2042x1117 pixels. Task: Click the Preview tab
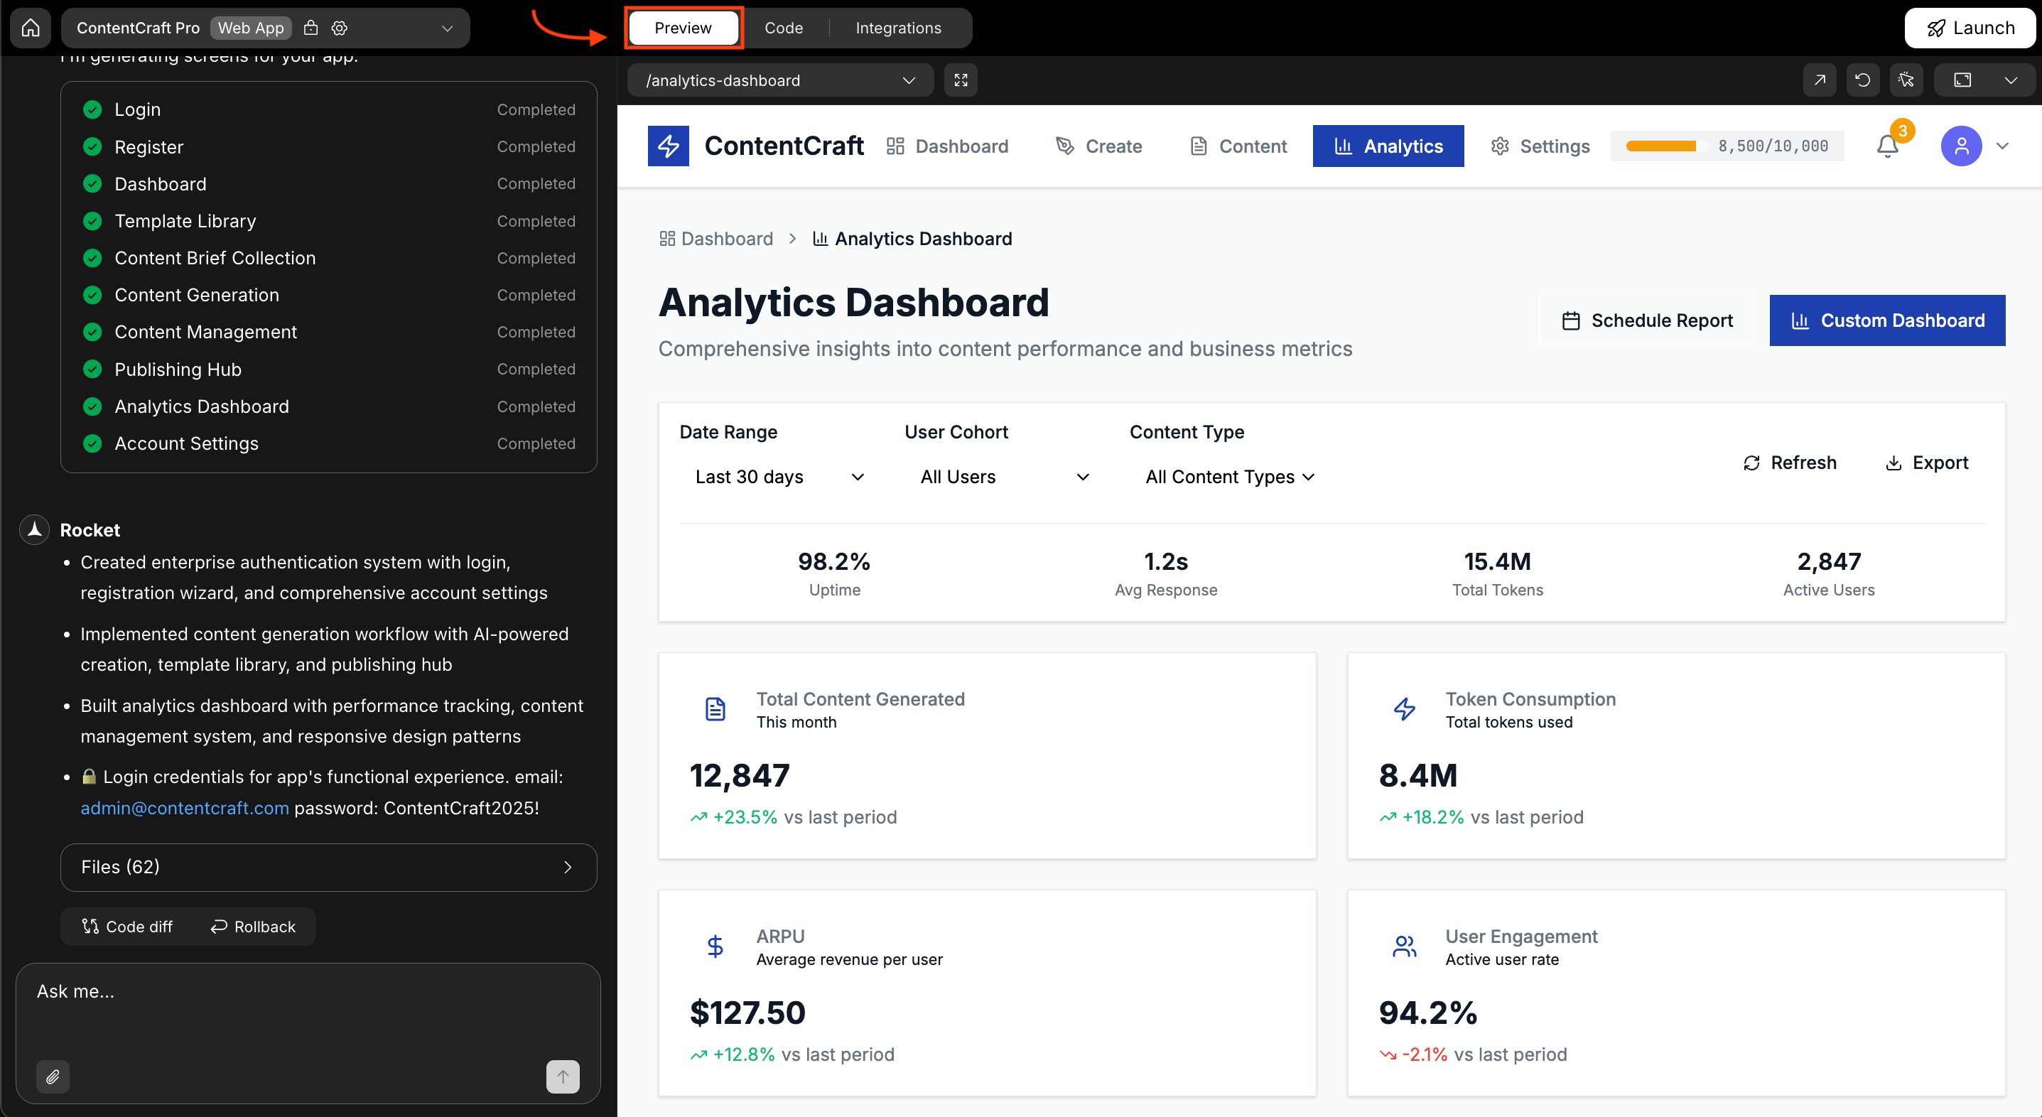click(683, 28)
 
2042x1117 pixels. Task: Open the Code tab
click(783, 28)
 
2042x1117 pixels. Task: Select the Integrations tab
click(898, 28)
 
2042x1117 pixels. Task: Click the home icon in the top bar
click(30, 28)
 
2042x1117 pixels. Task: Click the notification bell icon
click(1887, 146)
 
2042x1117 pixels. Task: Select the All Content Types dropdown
click(1229, 477)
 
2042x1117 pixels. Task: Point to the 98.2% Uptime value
click(834, 561)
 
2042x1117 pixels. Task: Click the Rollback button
click(253, 927)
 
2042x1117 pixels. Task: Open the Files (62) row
click(328, 866)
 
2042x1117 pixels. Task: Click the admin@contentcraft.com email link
click(185, 808)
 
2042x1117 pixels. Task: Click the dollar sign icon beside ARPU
click(715, 946)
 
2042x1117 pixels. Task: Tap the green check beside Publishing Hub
click(93, 369)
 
